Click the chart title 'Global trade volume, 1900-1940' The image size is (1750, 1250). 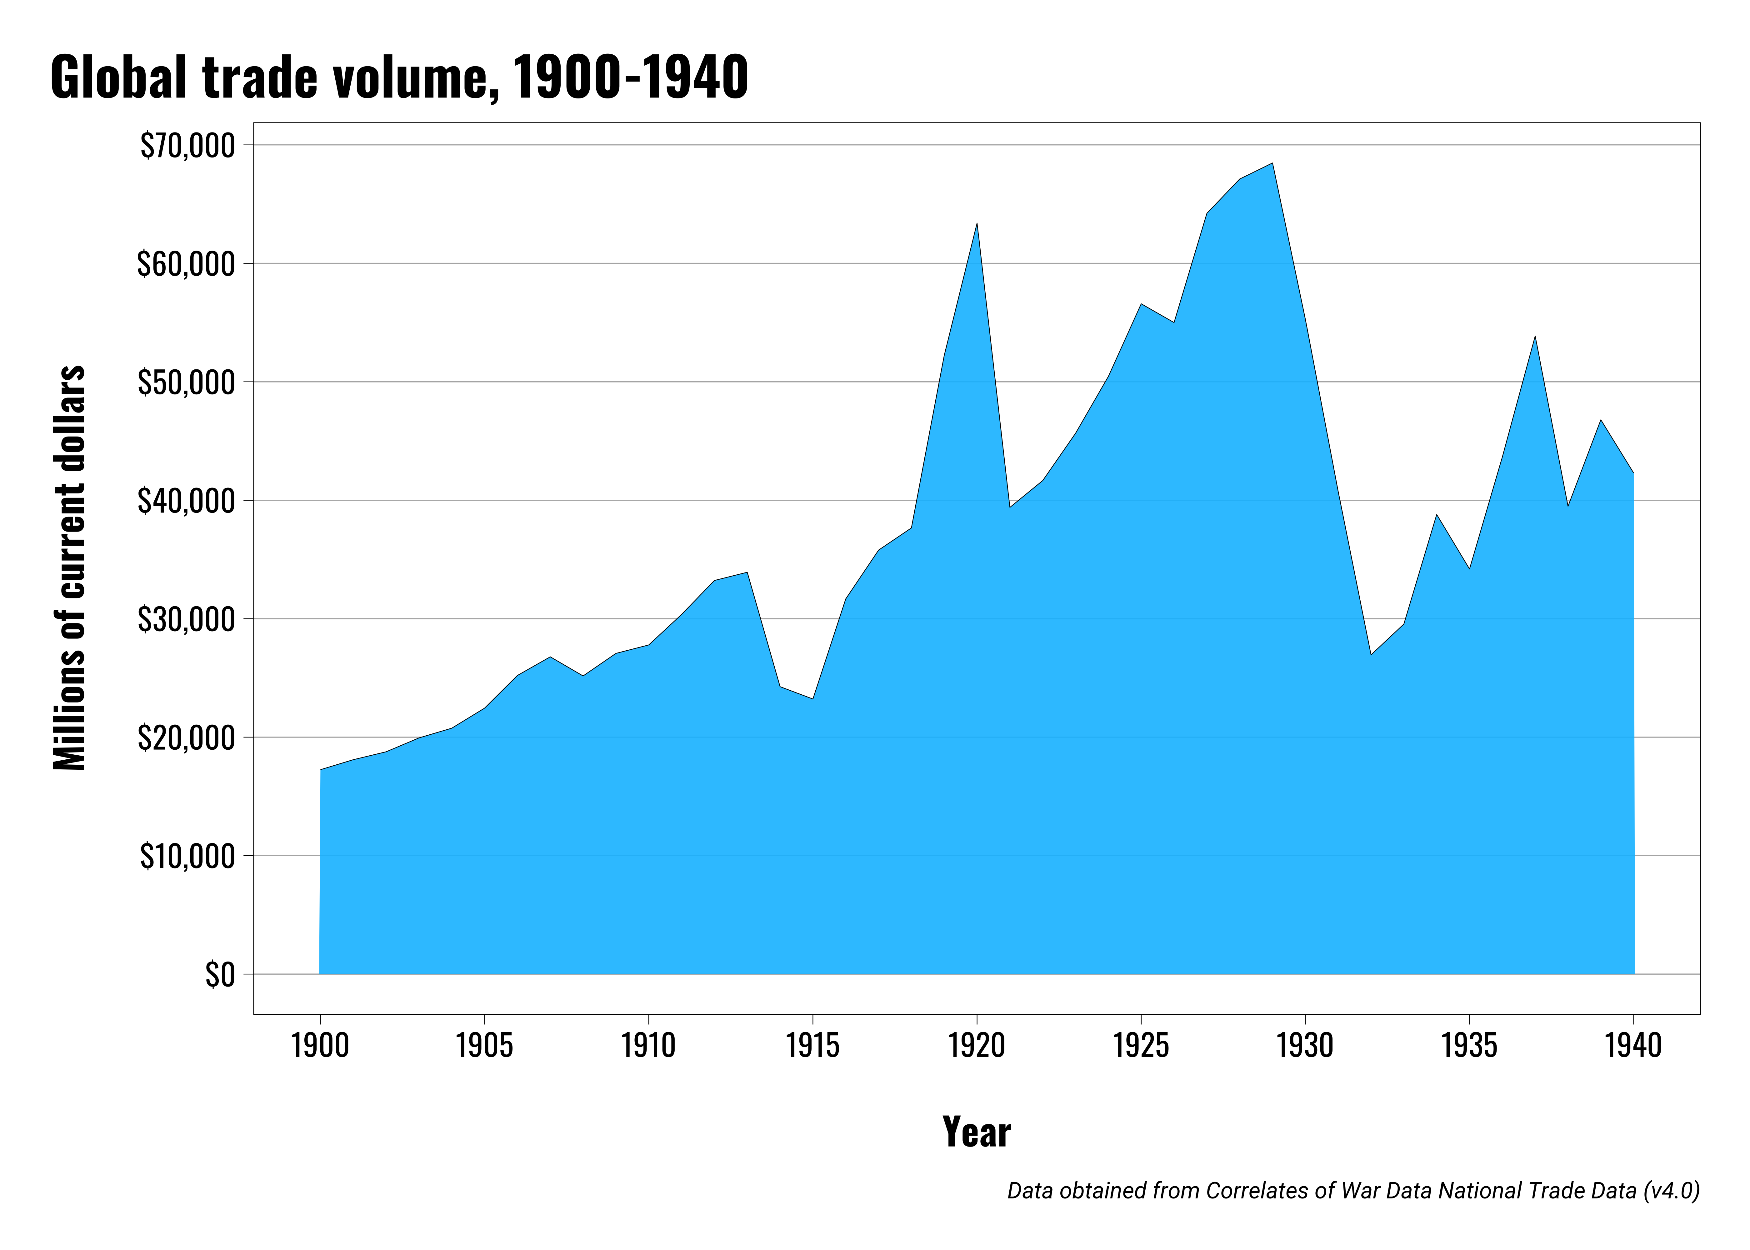click(x=399, y=78)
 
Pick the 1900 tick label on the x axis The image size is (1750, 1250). click(x=320, y=1045)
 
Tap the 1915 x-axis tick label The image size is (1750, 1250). click(x=813, y=1045)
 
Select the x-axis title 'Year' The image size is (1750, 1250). click(x=977, y=1132)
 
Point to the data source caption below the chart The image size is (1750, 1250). click(x=1353, y=1191)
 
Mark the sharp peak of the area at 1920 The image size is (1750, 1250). click(x=977, y=224)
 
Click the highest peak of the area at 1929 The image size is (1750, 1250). click(x=1272, y=163)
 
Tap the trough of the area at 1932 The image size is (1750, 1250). click(x=1371, y=654)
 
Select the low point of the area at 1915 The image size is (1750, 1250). click(x=813, y=698)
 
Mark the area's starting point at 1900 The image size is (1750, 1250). click(x=321, y=770)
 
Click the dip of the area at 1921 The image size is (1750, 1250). click(x=1010, y=507)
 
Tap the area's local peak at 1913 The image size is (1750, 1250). click(x=747, y=573)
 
